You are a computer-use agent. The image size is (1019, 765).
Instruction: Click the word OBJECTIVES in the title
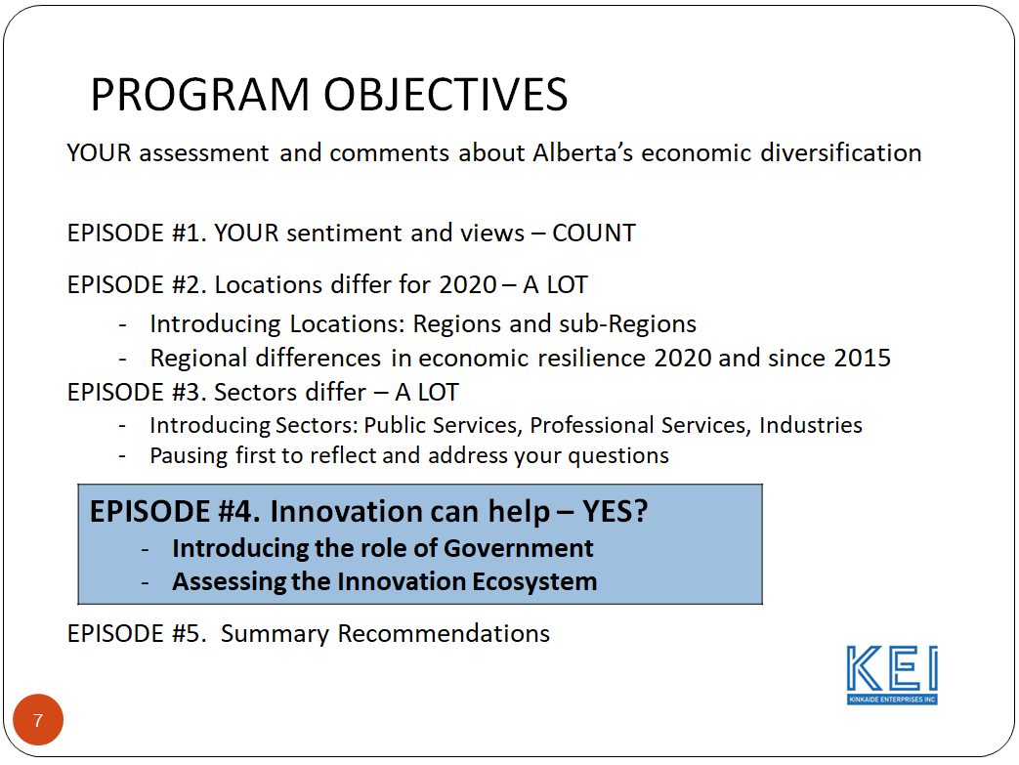click(446, 94)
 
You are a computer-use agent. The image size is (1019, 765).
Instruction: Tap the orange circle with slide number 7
click(38, 720)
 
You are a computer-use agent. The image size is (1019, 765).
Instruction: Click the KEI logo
click(892, 675)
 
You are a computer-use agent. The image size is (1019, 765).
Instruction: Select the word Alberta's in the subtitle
click(582, 152)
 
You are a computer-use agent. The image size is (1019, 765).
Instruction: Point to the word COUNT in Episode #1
click(594, 233)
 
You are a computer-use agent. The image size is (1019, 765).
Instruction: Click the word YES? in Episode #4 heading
click(615, 512)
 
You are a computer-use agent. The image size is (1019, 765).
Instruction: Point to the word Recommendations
click(444, 634)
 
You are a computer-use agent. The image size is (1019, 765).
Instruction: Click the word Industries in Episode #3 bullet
click(810, 425)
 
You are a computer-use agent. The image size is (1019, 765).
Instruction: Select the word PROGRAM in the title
click(199, 94)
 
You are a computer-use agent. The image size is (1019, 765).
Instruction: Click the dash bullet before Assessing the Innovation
click(146, 581)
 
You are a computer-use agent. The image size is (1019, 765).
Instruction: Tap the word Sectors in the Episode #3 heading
click(256, 393)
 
